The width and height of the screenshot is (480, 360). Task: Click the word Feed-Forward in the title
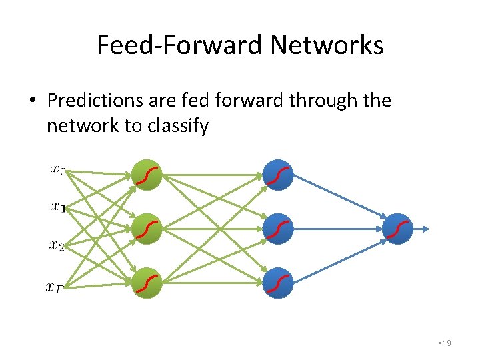pos(180,45)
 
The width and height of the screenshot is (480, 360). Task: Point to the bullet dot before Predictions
pos(31,101)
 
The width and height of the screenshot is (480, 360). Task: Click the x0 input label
pos(58,171)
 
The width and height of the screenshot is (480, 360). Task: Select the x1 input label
pos(58,207)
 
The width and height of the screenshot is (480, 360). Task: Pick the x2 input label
pos(57,245)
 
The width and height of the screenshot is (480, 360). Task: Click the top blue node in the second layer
pos(278,175)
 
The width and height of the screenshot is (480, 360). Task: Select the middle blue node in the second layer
pos(278,229)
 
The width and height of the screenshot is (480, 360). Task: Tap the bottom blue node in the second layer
pos(278,282)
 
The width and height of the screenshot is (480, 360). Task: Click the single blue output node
pos(398,229)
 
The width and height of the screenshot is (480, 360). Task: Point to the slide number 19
pos(446,343)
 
